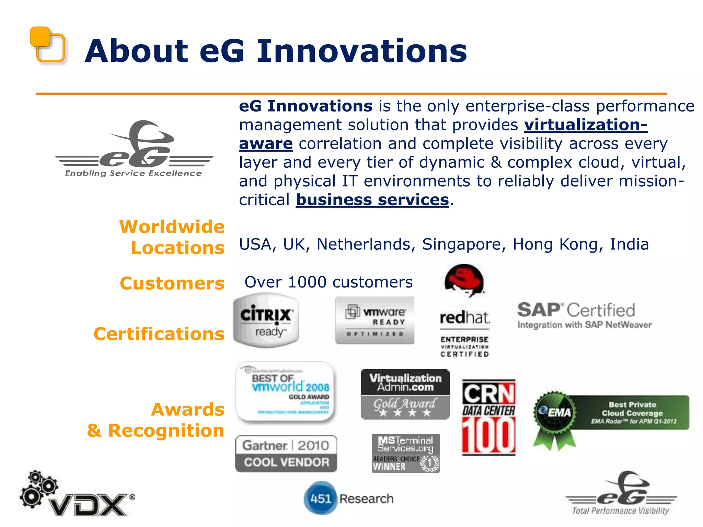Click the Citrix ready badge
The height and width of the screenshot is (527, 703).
coord(266,320)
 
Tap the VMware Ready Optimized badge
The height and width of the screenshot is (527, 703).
coord(375,320)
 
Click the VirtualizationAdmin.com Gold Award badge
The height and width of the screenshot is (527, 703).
coord(405,394)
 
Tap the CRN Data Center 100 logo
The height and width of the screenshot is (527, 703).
coord(488,418)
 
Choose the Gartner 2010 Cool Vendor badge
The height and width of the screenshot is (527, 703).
coord(286,454)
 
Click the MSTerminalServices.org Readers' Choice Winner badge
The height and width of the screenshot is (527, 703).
coord(406,454)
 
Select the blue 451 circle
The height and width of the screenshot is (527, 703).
coord(320,498)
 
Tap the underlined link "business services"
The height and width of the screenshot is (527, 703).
coord(372,200)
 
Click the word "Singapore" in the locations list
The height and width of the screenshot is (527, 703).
coord(464,244)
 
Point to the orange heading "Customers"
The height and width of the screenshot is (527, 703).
coord(172,283)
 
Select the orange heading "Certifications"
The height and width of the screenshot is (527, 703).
coord(159,334)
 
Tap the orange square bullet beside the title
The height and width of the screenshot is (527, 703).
coord(47,45)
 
